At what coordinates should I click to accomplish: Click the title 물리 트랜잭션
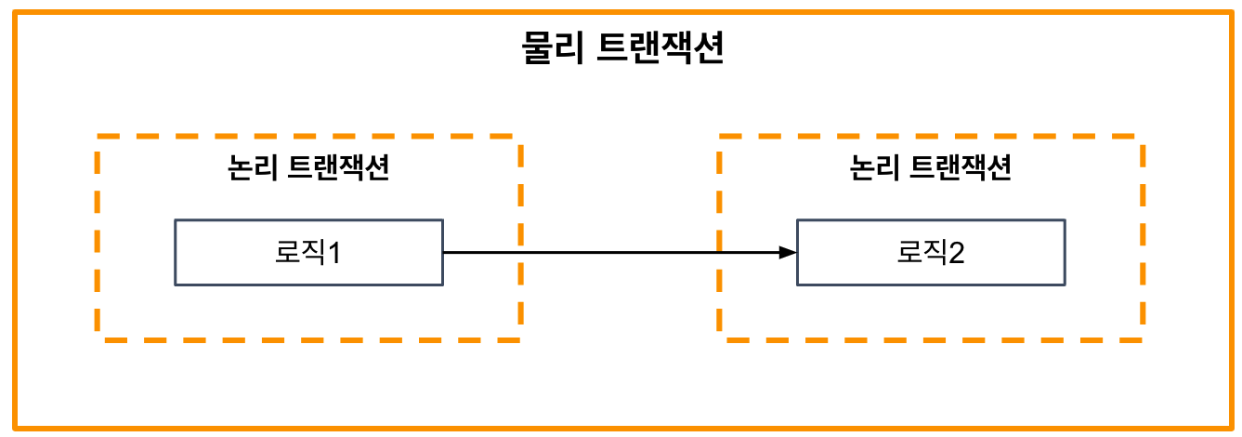click(621, 49)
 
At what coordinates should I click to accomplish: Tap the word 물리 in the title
click(552, 49)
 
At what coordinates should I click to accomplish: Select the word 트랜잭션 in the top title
click(655, 49)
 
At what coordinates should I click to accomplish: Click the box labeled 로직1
click(308, 252)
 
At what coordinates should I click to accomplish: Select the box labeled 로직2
click(931, 252)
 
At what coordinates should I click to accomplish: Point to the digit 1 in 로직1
click(333, 252)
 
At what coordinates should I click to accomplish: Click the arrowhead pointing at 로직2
click(789, 252)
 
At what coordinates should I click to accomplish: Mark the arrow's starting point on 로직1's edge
click(443, 252)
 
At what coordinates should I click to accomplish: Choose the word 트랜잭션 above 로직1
click(339, 169)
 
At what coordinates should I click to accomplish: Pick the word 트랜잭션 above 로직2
click(961, 169)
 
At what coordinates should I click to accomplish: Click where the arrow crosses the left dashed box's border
click(519, 252)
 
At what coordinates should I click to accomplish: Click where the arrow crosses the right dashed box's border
click(721, 252)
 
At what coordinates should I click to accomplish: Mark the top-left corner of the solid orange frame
click(15, 12)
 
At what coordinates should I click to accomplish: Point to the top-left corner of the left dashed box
click(98, 137)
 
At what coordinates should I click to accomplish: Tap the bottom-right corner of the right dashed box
click(1142, 339)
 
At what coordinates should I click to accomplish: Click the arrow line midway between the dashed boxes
click(620, 252)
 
